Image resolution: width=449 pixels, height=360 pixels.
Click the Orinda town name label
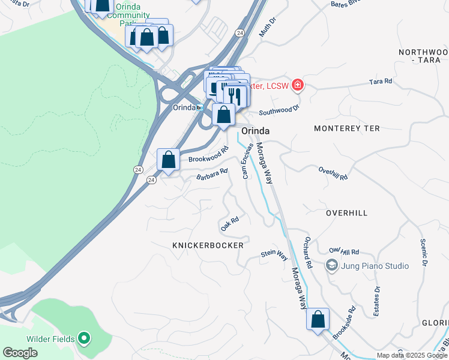point(255,131)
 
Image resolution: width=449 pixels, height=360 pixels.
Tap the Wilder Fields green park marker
point(84,339)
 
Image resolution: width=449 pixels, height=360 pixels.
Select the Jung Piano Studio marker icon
point(331,265)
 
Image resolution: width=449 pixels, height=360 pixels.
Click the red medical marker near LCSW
point(297,86)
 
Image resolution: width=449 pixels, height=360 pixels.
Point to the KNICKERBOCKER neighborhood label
point(208,245)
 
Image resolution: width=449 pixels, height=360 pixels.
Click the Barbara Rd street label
point(212,174)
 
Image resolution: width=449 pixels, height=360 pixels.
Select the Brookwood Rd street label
point(208,154)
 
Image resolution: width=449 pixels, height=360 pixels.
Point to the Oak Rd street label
point(230,224)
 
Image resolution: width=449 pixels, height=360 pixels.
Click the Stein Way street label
point(274,255)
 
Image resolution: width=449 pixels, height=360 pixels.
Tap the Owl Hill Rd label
point(343,251)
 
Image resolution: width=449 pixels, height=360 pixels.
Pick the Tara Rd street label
point(381,81)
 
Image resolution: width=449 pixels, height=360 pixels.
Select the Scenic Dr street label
point(424,253)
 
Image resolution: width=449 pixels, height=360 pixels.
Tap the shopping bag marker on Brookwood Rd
point(169,160)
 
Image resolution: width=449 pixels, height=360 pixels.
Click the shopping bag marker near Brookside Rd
point(318,319)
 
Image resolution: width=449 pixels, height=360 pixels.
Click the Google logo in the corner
point(20,353)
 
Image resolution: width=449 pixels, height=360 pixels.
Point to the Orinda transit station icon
point(199,107)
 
